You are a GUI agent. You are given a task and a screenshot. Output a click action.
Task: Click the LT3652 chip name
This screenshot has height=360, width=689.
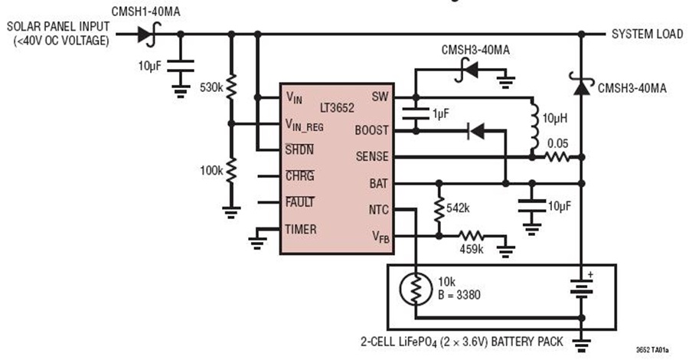point(337,108)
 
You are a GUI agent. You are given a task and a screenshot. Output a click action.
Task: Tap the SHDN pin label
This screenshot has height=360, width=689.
point(299,149)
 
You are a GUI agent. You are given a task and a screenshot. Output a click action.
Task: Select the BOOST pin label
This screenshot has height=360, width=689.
point(372,130)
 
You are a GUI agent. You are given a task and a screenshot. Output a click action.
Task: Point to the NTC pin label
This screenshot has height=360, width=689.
point(378,210)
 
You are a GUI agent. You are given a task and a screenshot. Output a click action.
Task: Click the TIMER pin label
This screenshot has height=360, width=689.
point(301,230)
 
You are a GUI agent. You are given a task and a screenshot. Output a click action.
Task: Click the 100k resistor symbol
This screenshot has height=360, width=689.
point(231,170)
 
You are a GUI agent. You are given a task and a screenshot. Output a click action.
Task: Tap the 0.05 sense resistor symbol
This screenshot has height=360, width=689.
point(557,157)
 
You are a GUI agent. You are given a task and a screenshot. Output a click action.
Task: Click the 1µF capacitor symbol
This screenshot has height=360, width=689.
point(416,114)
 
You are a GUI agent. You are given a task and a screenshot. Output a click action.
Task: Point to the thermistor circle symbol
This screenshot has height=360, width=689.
point(416,289)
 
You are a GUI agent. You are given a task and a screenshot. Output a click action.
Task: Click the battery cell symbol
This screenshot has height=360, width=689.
point(581,289)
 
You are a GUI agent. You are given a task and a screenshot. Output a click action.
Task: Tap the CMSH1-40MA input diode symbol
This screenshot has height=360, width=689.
point(149,34)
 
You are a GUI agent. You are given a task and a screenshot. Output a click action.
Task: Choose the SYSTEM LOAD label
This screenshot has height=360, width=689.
point(647,34)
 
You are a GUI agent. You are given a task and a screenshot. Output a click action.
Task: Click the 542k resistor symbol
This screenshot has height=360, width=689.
point(439,210)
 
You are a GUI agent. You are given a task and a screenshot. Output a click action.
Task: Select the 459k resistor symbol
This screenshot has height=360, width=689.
point(471,236)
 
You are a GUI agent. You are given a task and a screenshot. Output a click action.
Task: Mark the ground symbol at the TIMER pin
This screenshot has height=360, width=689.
point(257,242)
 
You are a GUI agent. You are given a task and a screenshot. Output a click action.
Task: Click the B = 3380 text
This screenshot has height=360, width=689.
point(459,295)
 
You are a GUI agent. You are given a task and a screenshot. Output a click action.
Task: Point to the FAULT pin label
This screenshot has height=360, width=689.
point(299,202)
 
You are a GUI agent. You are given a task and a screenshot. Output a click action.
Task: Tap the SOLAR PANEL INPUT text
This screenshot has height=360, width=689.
point(58,26)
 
